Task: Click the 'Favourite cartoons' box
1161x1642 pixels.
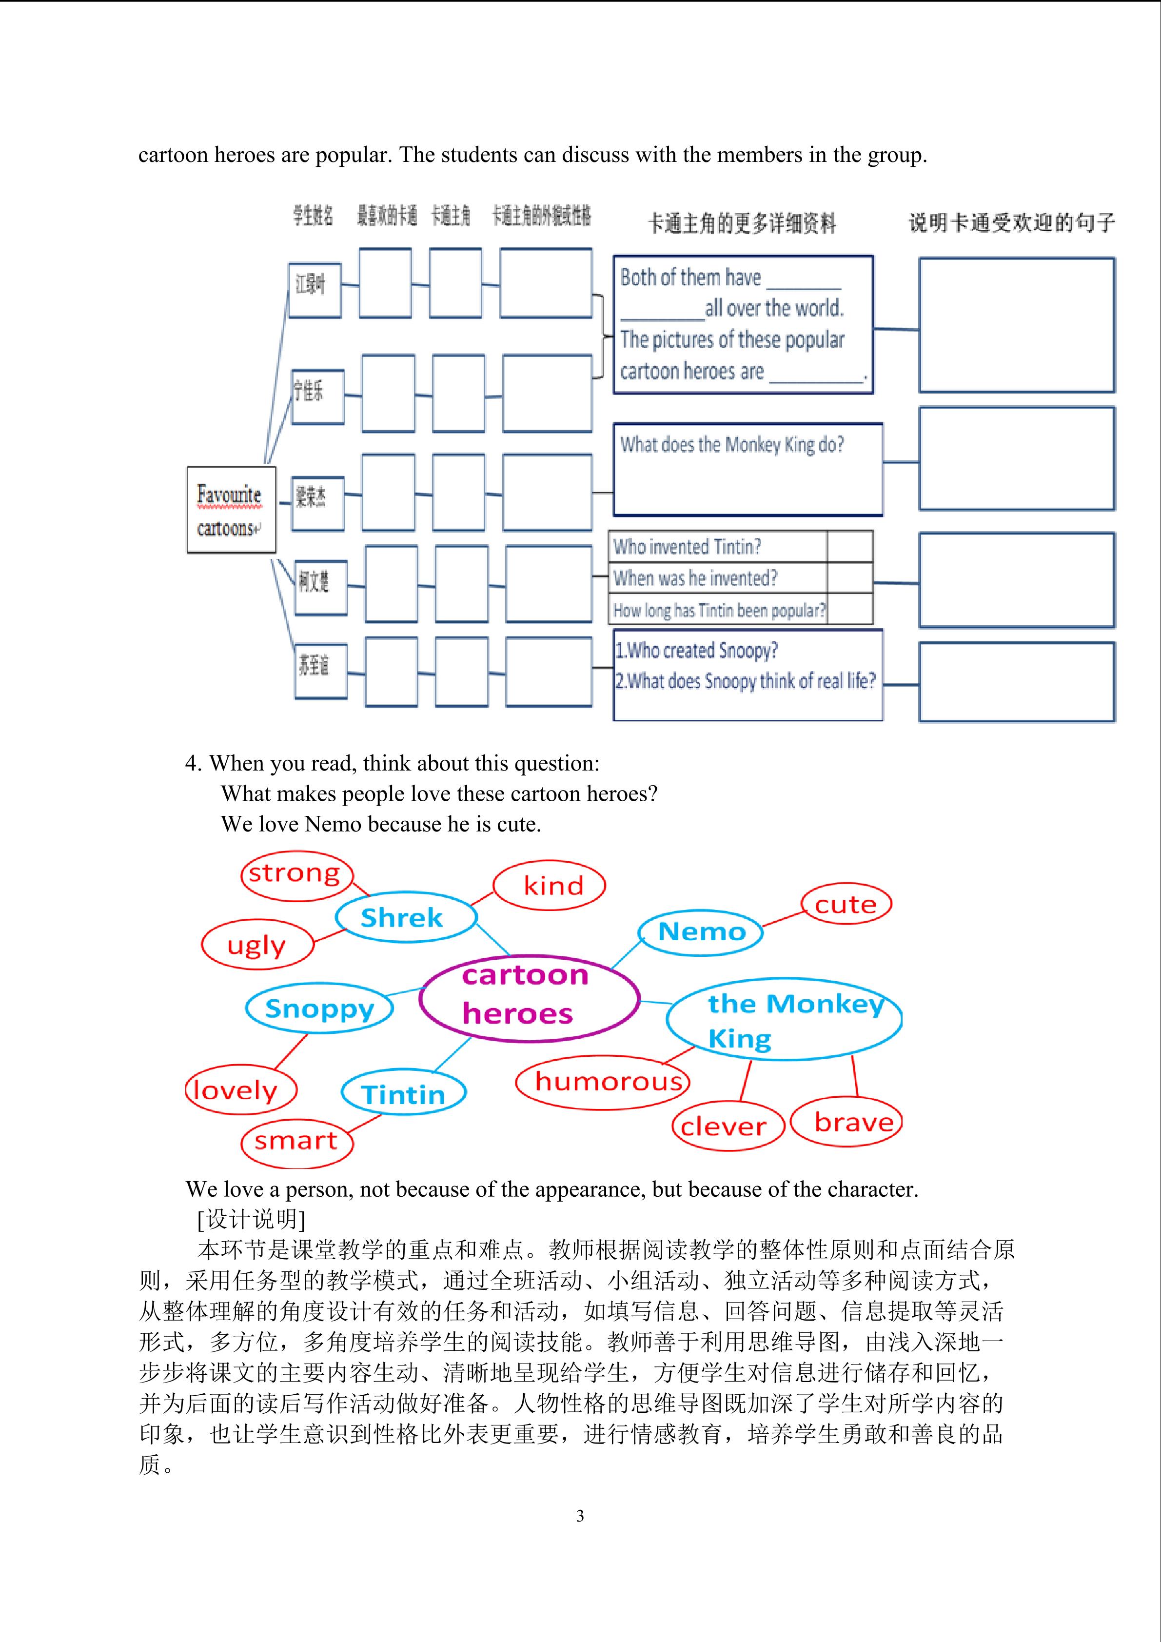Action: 231,510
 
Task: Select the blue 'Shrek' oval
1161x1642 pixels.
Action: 405,917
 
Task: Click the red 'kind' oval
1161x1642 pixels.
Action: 549,885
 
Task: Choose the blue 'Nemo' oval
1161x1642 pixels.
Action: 701,932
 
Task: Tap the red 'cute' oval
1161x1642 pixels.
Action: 846,904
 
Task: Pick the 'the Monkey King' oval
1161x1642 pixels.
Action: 784,1019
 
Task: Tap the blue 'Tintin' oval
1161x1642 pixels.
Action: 404,1093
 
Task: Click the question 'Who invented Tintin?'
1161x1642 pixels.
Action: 688,546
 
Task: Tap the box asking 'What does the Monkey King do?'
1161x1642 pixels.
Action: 747,469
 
